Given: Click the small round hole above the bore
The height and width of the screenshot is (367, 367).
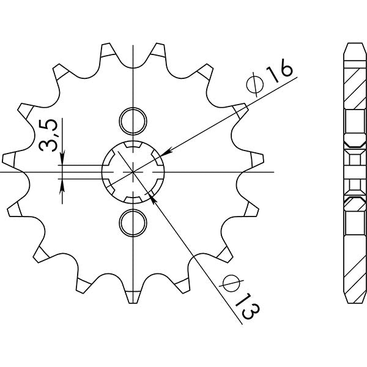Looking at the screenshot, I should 132,120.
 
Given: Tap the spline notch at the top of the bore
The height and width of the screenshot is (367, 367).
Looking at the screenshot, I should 132,147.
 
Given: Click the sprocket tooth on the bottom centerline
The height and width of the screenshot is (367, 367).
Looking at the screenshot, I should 132,297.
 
